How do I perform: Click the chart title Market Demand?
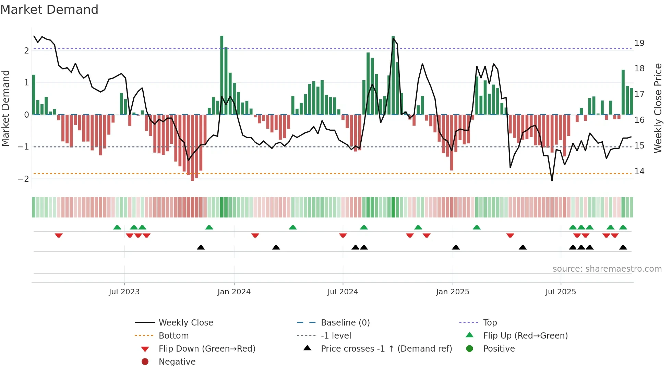[49, 9]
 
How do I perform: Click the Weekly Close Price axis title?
[658, 108]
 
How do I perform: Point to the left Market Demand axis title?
[5, 108]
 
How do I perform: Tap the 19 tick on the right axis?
[639, 43]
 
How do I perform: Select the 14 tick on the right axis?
[639, 171]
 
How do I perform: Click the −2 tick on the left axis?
[23, 179]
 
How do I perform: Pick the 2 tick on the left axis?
[26, 51]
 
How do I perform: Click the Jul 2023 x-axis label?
[124, 292]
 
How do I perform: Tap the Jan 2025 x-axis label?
[452, 292]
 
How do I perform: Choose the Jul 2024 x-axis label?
[343, 292]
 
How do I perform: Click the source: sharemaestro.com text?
[607, 269]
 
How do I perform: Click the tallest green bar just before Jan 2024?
[222, 75]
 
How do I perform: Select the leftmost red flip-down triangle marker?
[59, 235]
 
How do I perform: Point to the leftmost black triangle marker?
[201, 247]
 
